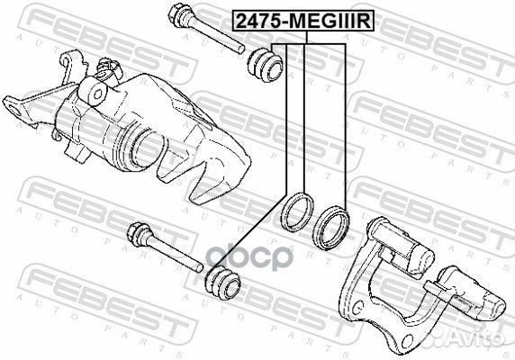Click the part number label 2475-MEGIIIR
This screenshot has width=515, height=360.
(x=303, y=21)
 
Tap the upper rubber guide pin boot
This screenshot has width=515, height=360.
(x=265, y=66)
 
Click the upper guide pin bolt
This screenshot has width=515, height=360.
(x=206, y=28)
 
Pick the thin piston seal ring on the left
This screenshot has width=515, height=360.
(x=298, y=212)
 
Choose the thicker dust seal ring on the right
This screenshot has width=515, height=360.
(x=330, y=228)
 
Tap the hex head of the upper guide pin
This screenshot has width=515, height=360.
(x=177, y=13)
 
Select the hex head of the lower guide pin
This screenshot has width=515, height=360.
(x=137, y=231)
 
